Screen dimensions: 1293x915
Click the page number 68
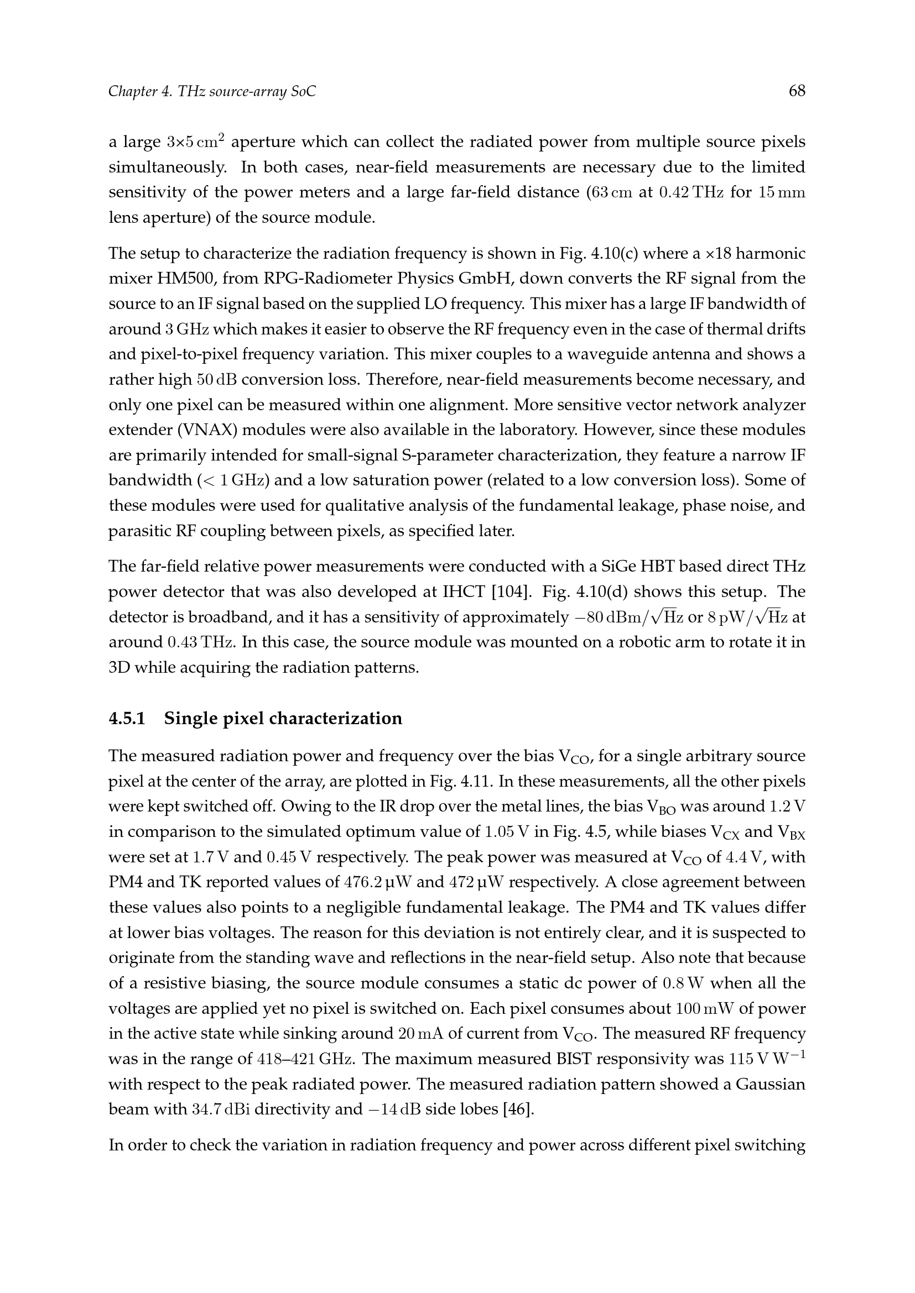797,91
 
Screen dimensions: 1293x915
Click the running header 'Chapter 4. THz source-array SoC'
212,91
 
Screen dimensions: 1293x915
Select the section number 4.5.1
127,719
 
